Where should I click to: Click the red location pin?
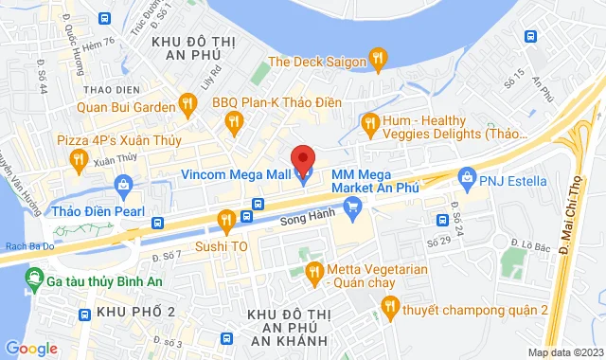pos(302,159)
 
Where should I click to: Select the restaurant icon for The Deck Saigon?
pos(378,62)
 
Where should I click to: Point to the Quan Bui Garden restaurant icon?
pos(187,108)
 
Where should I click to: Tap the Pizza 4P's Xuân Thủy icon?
pos(79,162)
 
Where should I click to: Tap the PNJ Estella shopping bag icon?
pos(466,175)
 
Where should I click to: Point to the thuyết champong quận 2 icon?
pos(388,305)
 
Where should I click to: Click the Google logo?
pos(31,348)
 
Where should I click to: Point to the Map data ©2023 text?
pos(564,352)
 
